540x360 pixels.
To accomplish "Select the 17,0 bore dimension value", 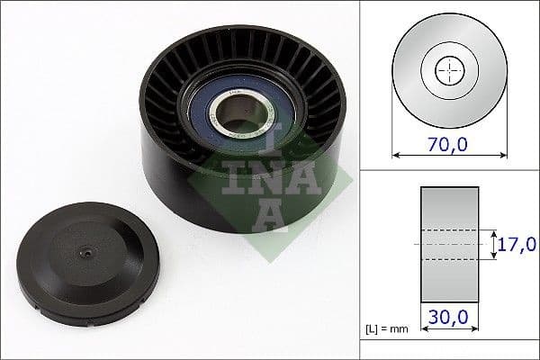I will click(517, 243).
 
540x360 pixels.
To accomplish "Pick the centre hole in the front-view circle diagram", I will click(447, 70).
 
